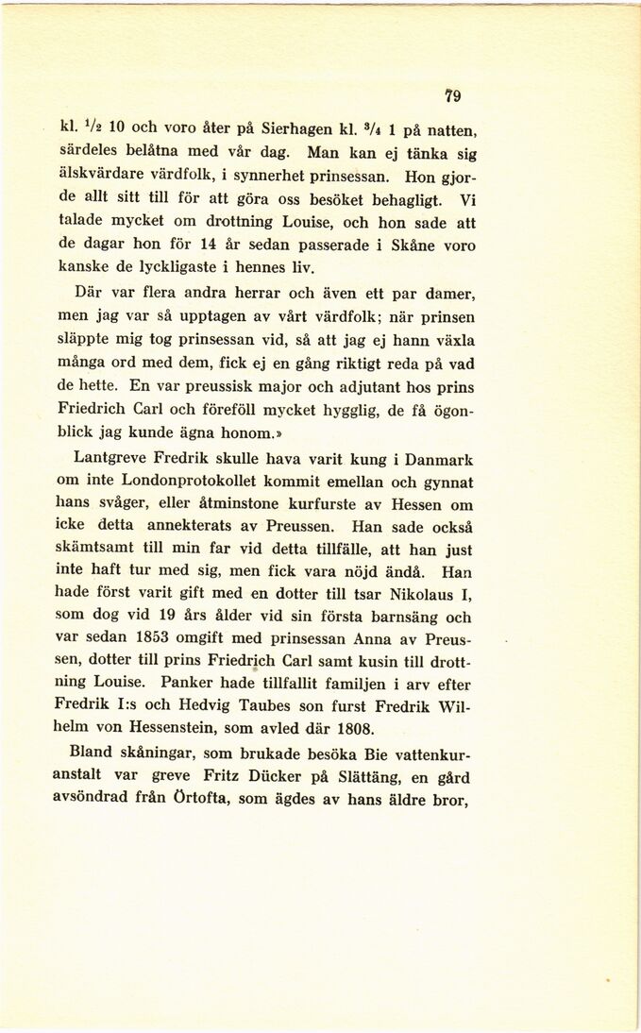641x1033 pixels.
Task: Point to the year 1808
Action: tap(350, 728)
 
